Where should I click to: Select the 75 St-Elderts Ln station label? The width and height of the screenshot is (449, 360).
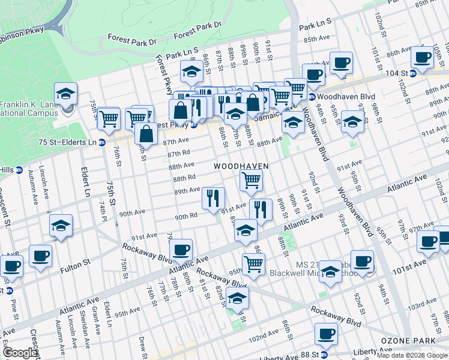[67, 142]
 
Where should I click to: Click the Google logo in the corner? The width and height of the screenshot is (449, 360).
[20, 353]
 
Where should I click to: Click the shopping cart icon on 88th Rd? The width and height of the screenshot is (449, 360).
[251, 179]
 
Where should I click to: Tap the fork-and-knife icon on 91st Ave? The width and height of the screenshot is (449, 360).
[261, 209]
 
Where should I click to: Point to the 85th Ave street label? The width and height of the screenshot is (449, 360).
[318, 40]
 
